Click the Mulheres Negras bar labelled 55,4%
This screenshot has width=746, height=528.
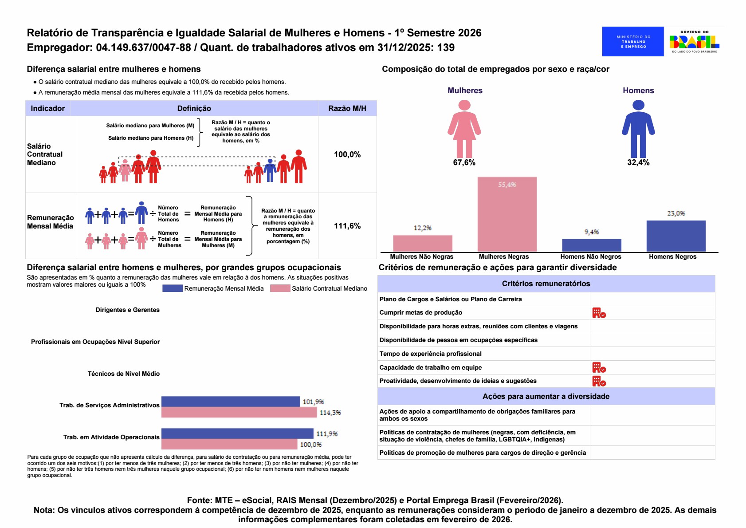click(507, 214)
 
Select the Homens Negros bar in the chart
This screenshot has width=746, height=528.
click(676, 236)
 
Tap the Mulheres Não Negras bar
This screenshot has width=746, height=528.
click(422, 243)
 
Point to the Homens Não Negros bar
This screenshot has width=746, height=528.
click(591, 245)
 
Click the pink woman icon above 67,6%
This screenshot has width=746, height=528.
click(464, 129)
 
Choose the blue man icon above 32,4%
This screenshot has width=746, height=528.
click(638, 129)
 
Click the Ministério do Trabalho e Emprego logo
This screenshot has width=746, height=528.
click(633, 41)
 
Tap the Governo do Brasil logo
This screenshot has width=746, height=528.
click(694, 41)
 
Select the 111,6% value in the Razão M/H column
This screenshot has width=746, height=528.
click(347, 226)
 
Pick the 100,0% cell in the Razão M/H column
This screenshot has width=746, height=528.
click(347, 154)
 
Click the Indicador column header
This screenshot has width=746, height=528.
click(47, 108)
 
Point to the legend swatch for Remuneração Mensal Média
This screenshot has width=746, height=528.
click(172, 288)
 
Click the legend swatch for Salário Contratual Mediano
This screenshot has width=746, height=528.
click(280, 288)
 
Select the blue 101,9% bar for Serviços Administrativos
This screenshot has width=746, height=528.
click(231, 402)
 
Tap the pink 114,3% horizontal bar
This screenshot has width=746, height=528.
click(239, 413)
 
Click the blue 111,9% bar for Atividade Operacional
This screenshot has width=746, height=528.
click(237, 433)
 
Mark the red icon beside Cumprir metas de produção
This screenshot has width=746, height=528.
click(599, 313)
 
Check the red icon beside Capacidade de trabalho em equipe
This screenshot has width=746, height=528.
click(599, 367)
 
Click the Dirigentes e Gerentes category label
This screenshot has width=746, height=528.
click(127, 310)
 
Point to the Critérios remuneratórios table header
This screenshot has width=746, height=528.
click(546, 284)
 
